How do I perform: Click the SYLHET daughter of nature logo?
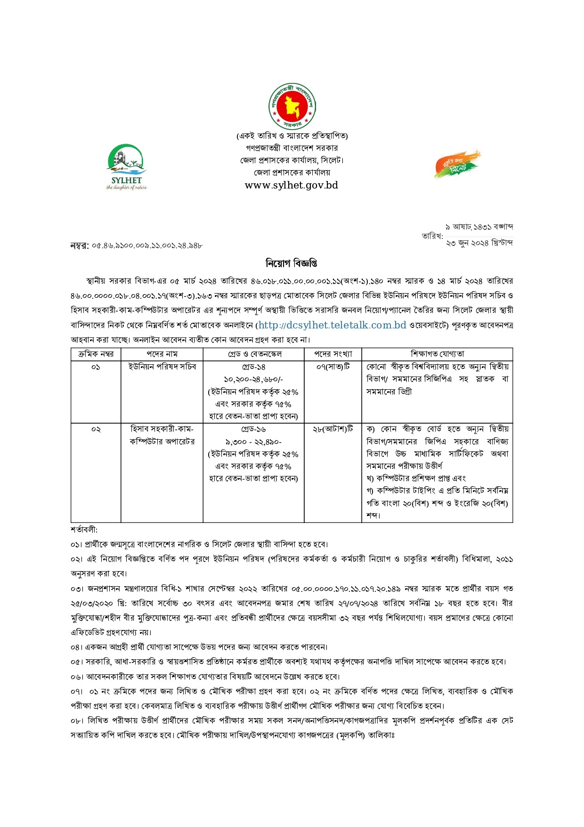click(x=127, y=166)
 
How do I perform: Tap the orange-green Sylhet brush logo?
click(x=457, y=164)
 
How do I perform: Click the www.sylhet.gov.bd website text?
click(x=292, y=185)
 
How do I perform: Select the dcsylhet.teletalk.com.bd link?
click(x=332, y=325)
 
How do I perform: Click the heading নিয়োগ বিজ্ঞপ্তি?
click(x=292, y=262)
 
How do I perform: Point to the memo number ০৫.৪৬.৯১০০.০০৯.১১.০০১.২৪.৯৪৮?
click(x=147, y=246)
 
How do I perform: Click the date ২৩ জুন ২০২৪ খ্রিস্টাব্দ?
click(x=479, y=243)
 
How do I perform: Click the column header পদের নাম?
click(x=162, y=354)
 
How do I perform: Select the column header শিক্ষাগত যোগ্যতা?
click(x=437, y=354)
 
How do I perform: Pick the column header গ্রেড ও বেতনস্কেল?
click(x=253, y=354)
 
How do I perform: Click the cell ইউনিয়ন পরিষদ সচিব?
click(x=162, y=367)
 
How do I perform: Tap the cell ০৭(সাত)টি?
click(x=333, y=367)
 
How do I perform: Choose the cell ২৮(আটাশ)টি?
click(x=333, y=429)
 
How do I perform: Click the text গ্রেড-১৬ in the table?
click(x=253, y=429)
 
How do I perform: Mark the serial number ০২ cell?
click(x=96, y=429)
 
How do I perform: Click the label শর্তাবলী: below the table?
click(x=84, y=530)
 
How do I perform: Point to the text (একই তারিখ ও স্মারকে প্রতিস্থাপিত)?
click(x=292, y=136)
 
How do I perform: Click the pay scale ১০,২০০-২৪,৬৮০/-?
click(x=253, y=379)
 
